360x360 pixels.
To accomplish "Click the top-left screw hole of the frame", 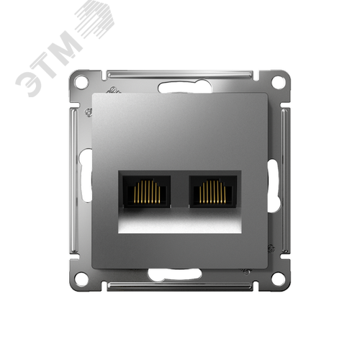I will (81, 82).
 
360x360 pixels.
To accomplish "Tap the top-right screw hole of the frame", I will (279, 82).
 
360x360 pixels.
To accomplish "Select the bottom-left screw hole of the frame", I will (81, 278).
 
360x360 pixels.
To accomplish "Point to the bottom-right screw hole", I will (279, 278).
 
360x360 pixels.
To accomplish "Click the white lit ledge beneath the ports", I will (180, 225).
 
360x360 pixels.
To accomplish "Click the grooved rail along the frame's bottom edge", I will (180, 287).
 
